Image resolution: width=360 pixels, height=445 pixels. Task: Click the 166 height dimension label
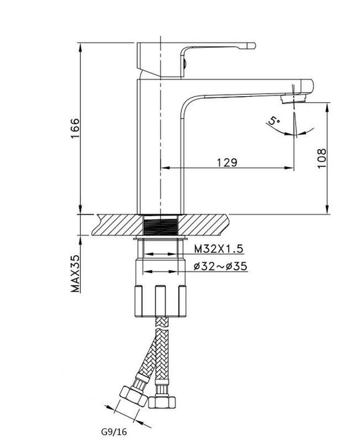click(x=75, y=128)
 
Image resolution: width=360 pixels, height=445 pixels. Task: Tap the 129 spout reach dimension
click(x=227, y=163)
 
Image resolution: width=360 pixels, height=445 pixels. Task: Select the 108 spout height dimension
click(x=322, y=158)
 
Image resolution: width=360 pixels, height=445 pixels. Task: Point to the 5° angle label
click(x=274, y=121)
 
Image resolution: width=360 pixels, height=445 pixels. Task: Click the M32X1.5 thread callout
click(x=219, y=249)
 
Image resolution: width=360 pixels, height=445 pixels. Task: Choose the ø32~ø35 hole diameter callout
click(x=221, y=266)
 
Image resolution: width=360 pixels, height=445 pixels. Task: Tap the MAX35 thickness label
click(x=75, y=274)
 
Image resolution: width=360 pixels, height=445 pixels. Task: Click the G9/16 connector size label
click(x=114, y=432)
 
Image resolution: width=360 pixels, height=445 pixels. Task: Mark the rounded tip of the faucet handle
click(x=252, y=45)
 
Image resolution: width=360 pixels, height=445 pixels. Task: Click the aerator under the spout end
click(x=293, y=99)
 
